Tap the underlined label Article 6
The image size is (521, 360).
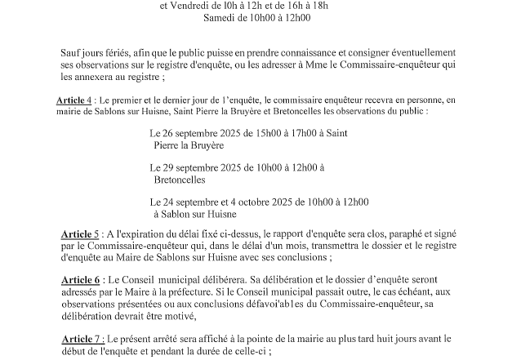pyautogui.click(x=82, y=278)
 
